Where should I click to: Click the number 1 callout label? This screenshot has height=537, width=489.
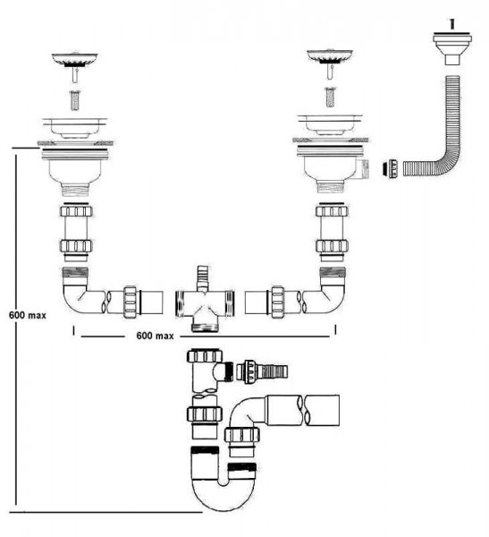pyautogui.click(x=452, y=24)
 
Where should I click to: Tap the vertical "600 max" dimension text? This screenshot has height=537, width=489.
pyautogui.click(x=28, y=315)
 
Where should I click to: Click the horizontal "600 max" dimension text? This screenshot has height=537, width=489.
pyautogui.click(x=155, y=336)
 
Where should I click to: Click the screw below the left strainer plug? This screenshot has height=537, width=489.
pyautogui.click(x=75, y=100)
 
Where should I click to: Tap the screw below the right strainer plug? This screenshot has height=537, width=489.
pyautogui.click(x=330, y=97)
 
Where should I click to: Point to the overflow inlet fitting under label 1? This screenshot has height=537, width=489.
pyautogui.click(x=452, y=48)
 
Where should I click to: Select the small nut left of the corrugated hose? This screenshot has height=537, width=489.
pyautogui.click(x=390, y=168)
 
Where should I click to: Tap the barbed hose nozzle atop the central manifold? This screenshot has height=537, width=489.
pyautogui.click(x=202, y=277)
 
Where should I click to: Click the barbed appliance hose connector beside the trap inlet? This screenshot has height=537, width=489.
pyautogui.click(x=262, y=371)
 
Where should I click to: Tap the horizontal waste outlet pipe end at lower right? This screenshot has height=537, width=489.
pyautogui.click(x=323, y=410)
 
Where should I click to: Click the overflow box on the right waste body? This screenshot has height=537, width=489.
pyautogui.click(x=363, y=169)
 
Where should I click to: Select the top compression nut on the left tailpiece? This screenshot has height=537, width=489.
pyautogui.click(x=77, y=210)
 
